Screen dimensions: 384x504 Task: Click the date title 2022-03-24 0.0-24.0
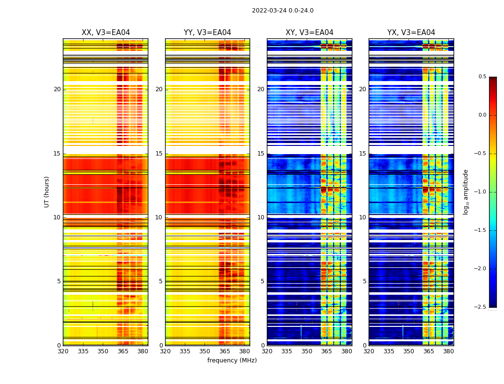point(282,11)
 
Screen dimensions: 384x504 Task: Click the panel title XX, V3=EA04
point(106,33)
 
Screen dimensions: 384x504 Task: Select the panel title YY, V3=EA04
point(207,33)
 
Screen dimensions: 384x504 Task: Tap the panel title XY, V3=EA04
point(309,33)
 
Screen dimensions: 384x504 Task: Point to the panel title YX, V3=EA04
point(411,33)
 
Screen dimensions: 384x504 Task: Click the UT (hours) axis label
point(47,192)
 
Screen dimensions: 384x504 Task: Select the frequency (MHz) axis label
point(232,360)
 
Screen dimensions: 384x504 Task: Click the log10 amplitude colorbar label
point(466,192)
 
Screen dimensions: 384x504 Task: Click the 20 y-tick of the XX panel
point(57,89)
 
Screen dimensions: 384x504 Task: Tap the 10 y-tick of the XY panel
point(261,217)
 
